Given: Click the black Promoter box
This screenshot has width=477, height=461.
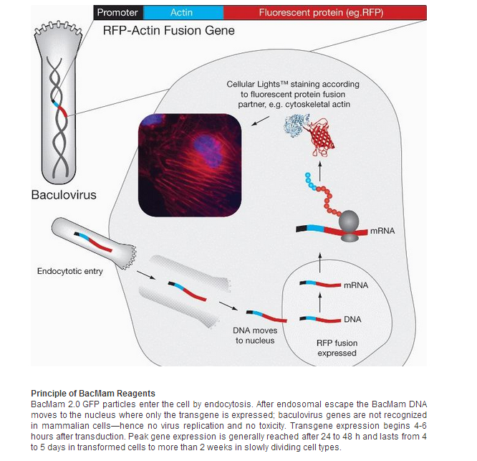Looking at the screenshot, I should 117,12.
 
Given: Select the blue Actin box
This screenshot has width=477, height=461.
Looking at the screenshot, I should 182,12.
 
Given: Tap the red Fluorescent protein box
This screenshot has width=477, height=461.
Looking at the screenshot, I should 324,12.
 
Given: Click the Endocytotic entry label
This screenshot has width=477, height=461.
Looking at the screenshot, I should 70,271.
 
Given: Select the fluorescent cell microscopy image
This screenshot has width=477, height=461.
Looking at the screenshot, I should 187,164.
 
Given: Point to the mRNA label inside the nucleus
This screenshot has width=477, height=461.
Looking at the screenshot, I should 355,285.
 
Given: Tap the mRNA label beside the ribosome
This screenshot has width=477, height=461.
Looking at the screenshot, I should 382,231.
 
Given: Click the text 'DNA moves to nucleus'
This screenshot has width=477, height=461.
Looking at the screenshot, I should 254,336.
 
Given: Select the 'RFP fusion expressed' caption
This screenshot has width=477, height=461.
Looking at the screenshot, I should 337,348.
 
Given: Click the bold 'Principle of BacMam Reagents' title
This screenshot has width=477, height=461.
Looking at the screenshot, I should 93,393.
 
